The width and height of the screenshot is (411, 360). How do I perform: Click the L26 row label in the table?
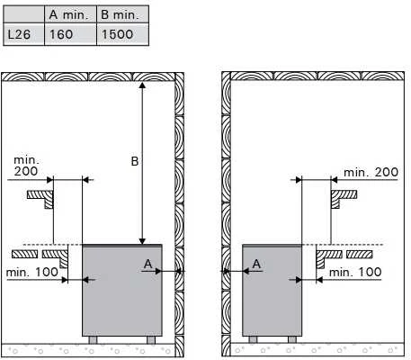(19, 34)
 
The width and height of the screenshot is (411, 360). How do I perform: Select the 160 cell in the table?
(61, 34)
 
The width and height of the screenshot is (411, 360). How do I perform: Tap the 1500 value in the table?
(117, 34)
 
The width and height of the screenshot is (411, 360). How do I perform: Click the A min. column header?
(69, 15)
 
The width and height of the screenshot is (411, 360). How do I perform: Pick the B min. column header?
(121, 15)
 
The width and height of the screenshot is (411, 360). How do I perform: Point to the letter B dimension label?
(135, 161)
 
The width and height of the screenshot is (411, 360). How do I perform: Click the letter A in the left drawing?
(147, 264)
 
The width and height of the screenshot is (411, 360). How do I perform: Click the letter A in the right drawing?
(256, 264)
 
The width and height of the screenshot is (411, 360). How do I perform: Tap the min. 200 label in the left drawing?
(26, 166)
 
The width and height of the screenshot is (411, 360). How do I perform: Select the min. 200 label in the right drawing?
(371, 173)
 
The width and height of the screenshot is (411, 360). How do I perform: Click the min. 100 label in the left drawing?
(32, 273)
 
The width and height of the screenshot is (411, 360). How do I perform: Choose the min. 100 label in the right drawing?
(355, 273)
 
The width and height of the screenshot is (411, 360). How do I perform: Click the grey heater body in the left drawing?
(122, 291)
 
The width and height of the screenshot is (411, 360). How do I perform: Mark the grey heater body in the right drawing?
(273, 291)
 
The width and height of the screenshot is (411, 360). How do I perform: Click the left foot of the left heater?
(93, 340)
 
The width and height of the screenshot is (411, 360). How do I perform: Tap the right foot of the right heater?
(292, 339)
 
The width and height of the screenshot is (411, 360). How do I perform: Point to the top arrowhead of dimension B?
(142, 85)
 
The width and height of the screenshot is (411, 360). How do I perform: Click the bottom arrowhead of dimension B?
(142, 241)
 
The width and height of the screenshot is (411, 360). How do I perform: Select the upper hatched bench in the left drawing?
(40, 199)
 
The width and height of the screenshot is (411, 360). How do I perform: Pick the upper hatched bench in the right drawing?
(344, 199)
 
